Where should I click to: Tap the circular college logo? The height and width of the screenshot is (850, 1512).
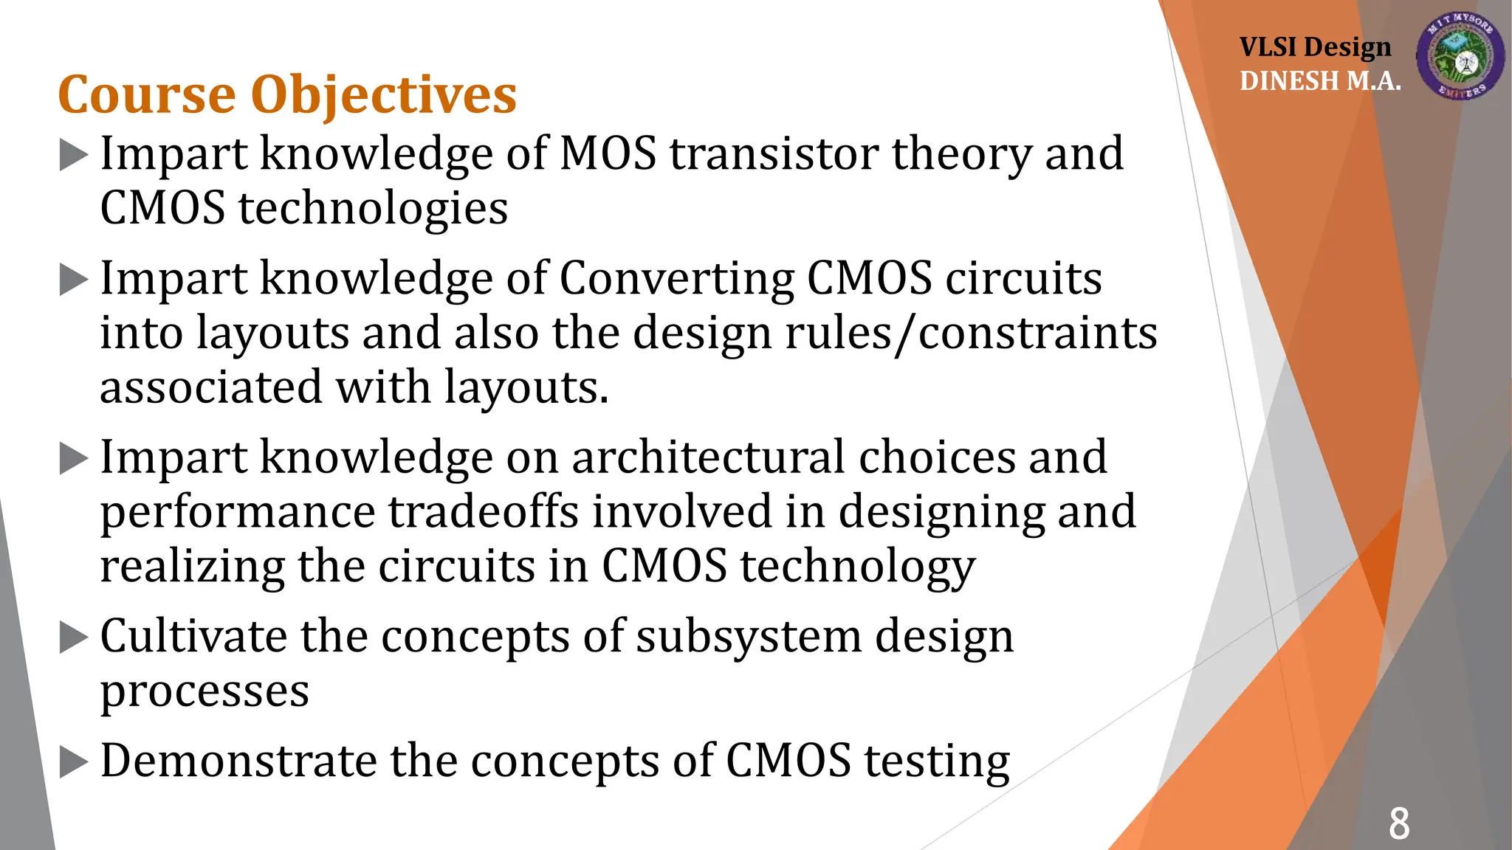click(x=1460, y=56)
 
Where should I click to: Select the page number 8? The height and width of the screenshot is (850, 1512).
click(x=1398, y=823)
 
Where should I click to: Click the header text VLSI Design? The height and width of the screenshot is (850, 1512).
click(x=1315, y=47)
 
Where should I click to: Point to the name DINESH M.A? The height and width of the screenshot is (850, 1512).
click(x=1320, y=81)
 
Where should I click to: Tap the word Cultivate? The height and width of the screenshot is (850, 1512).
click(x=193, y=636)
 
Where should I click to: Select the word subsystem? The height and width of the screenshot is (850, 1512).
click(x=749, y=636)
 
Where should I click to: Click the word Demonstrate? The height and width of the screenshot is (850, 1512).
click(x=239, y=760)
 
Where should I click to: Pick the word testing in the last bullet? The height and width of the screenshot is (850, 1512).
click(x=937, y=761)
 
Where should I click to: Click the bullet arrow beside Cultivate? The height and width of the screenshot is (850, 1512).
click(x=73, y=637)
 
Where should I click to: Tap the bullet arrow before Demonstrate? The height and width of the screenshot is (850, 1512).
click(x=73, y=761)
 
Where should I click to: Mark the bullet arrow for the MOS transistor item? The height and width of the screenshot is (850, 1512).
click(x=73, y=154)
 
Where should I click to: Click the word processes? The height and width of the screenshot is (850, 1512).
click(x=205, y=691)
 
